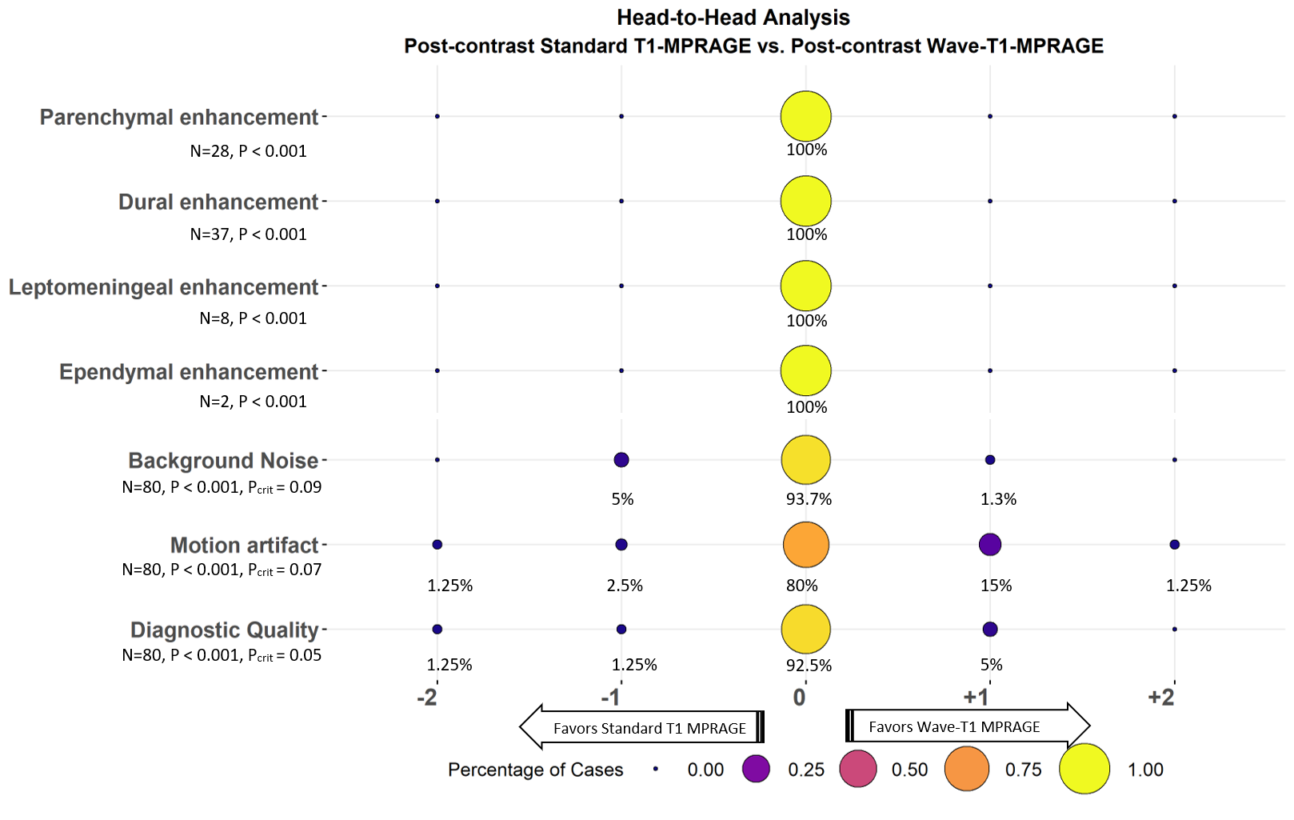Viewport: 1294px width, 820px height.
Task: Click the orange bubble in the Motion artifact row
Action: click(x=805, y=545)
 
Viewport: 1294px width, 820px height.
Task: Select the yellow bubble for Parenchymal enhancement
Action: click(x=805, y=117)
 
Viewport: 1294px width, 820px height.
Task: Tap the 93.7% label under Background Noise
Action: click(x=809, y=499)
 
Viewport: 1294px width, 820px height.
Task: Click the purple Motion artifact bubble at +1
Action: click(x=989, y=545)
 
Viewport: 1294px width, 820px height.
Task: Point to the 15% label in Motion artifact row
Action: click(x=996, y=586)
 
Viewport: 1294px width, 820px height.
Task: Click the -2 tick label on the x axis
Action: click(x=427, y=698)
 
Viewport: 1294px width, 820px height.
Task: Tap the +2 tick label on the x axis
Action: click(x=1160, y=698)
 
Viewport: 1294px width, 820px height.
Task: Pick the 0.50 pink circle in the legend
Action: click(x=857, y=770)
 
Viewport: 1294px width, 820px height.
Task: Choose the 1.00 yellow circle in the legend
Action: click(x=1084, y=769)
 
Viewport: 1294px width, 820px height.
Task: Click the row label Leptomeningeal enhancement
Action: click(x=163, y=287)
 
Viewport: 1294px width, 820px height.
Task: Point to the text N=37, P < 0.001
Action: click(x=248, y=234)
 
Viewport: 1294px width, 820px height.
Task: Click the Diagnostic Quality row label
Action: click(x=224, y=630)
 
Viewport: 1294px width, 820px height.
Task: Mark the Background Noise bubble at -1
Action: click(x=621, y=460)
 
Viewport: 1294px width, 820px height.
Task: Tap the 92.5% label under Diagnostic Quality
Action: click(x=809, y=666)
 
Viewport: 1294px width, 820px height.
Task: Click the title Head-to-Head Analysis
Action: click(x=733, y=18)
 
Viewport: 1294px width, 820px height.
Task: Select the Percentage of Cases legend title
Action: click(x=535, y=770)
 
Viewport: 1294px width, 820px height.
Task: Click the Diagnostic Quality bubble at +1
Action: click(x=989, y=630)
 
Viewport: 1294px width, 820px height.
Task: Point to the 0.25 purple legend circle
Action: click(x=756, y=769)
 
